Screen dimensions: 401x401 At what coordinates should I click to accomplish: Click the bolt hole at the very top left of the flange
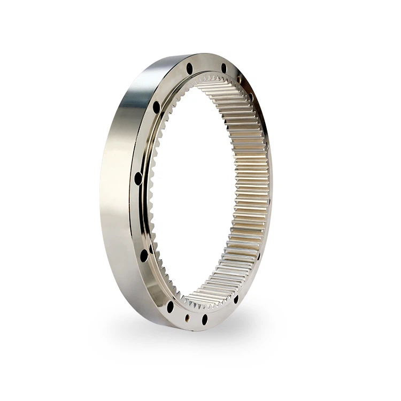click(x=189, y=68)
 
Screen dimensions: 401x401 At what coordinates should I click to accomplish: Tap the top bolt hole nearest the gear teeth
click(x=223, y=67)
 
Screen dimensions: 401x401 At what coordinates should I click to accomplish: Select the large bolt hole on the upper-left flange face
click(x=156, y=107)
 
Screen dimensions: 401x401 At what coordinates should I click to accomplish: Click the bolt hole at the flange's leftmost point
click(x=138, y=178)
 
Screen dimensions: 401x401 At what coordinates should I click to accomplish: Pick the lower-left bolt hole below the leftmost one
click(x=144, y=255)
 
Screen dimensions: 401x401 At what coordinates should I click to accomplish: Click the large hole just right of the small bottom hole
click(x=204, y=319)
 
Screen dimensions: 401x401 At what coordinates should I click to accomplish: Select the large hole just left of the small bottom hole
click(x=170, y=307)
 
